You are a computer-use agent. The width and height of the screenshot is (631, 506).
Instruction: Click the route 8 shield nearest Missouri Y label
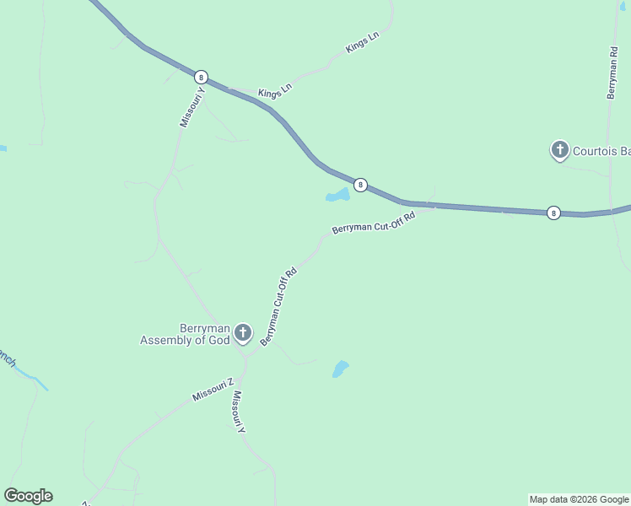click(201, 76)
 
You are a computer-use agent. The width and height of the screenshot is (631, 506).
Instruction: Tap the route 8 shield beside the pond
click(360, 185)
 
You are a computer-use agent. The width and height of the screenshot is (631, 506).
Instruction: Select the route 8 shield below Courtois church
click(553, 213)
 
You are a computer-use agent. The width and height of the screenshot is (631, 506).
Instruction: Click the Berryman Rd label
click(613, 68)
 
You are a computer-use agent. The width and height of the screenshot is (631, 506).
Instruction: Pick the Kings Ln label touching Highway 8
click(274, 90)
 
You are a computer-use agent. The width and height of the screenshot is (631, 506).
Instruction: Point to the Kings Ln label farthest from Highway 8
click(363, 43)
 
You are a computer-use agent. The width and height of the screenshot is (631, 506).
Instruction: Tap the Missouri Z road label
click(212, 390)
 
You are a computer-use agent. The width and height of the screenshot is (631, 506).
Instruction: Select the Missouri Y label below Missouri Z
click(239, 412)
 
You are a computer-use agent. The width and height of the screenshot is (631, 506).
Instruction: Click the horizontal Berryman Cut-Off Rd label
click(374, 223)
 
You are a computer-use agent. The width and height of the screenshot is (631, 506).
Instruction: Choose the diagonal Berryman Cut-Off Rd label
click(279, 306)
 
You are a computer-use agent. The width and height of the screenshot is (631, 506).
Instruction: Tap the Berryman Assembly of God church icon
click(243, 333)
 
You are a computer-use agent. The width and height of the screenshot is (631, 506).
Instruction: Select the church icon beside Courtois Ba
click(559, 151)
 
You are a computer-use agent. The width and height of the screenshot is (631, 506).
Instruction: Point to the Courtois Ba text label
click(601, 152)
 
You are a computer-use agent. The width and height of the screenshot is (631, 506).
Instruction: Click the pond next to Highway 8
click(337, 196)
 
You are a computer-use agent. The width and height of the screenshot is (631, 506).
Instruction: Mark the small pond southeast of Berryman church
click(340, 369)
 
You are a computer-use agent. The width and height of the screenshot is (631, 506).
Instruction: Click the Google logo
click(28, 496)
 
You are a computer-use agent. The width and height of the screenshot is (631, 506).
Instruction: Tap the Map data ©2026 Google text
click(579, 499)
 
